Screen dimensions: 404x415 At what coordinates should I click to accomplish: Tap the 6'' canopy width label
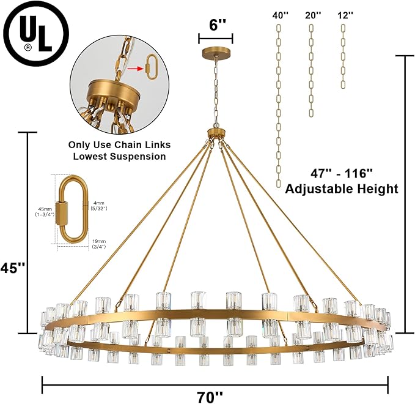216,24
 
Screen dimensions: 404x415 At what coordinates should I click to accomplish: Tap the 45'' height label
14,268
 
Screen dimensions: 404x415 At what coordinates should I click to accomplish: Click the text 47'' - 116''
342,172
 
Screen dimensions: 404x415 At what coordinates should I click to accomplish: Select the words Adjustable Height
342,189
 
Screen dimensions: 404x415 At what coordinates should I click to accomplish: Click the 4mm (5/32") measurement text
98,207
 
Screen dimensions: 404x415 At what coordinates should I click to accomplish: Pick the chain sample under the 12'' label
345,55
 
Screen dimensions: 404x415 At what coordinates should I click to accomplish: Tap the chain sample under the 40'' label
280,104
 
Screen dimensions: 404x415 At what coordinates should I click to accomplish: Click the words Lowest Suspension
120,157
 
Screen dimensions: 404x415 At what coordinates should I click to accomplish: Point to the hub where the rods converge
216,133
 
